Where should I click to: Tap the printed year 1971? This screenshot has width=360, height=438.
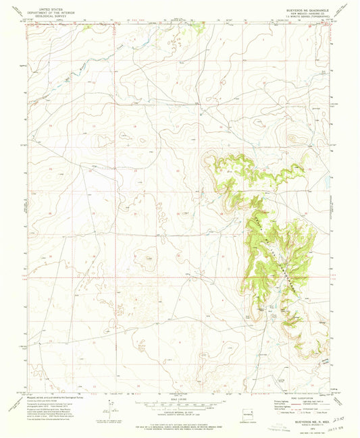(301, 420)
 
